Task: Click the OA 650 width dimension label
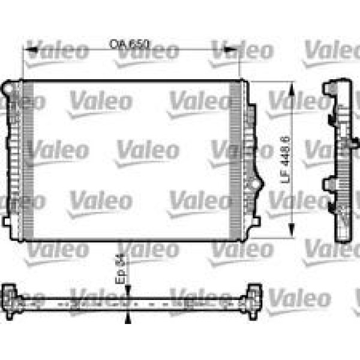click(x=129, y=44)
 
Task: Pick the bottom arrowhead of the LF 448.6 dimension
click(x=292, y=230)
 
